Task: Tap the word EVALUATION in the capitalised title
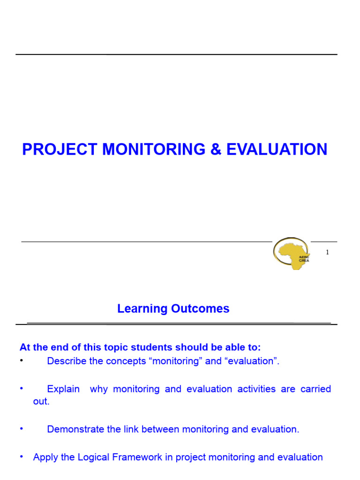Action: [x=277, y=150]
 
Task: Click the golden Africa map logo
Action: [x=292, y=253]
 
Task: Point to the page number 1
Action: [x=327, y=252]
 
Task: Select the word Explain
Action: [x=63, y=389]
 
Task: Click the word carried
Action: [x=315, y=389]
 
